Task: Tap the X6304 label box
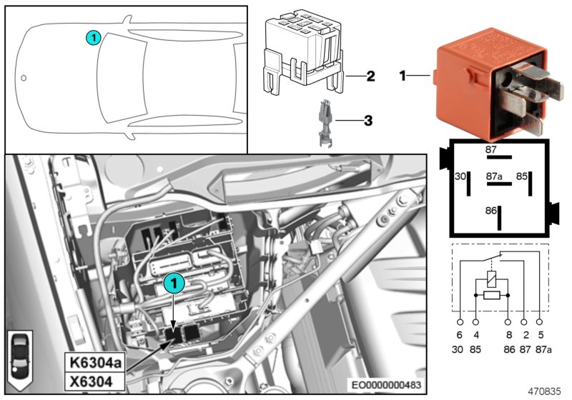[x=92, y=381]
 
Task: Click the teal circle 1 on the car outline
[x=93, y=37]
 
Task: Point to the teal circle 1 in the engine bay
[x=172, y=284]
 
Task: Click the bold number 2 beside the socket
[x=370, y=76]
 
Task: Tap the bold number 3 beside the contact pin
[x=368, y=121]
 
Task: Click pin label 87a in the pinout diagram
[x=493, y=175]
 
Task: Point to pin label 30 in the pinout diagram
[x=460, y=176]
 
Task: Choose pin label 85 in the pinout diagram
[x=522, y=175]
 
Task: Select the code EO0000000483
[x=385, y=385]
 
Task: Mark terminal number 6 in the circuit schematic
[x=459, y=335]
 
